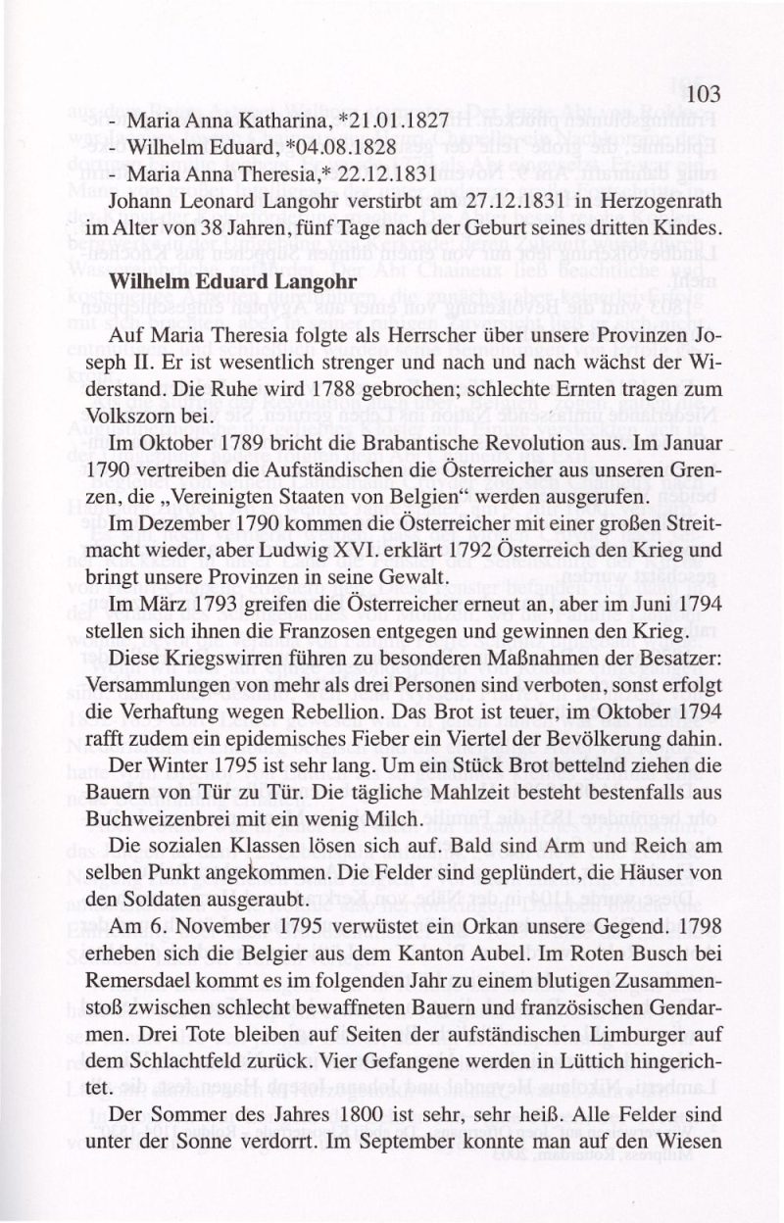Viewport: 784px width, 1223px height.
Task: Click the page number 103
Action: point(704,94)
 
